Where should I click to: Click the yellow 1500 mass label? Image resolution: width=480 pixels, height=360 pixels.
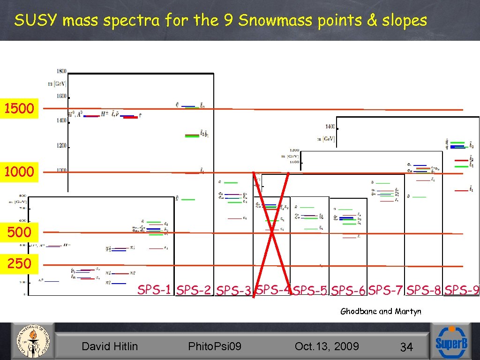pos(19,109)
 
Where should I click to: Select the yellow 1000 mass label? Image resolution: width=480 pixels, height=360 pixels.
pos(19,172)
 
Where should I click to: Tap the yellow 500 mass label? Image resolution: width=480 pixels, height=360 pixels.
pos(19,232)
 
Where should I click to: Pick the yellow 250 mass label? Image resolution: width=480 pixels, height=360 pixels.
pos(19,263)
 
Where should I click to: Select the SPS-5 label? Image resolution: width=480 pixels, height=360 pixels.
pos(310,291)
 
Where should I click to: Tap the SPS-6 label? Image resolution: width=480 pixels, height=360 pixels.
pos(348,291)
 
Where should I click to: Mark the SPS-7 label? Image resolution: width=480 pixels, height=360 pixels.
pos(386,290)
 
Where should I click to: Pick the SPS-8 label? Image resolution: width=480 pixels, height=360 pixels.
pos(424,290)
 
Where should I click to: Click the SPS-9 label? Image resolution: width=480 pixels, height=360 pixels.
pos(462,290)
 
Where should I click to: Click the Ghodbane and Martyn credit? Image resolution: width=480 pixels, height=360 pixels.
pos(381,311)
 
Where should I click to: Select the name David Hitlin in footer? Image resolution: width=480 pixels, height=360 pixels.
pos(110,346)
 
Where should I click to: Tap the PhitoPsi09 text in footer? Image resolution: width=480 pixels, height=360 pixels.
pos(215,346)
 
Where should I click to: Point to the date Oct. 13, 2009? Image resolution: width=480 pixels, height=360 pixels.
pos(327,346)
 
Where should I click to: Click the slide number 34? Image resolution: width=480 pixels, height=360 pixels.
pos(406,347)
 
